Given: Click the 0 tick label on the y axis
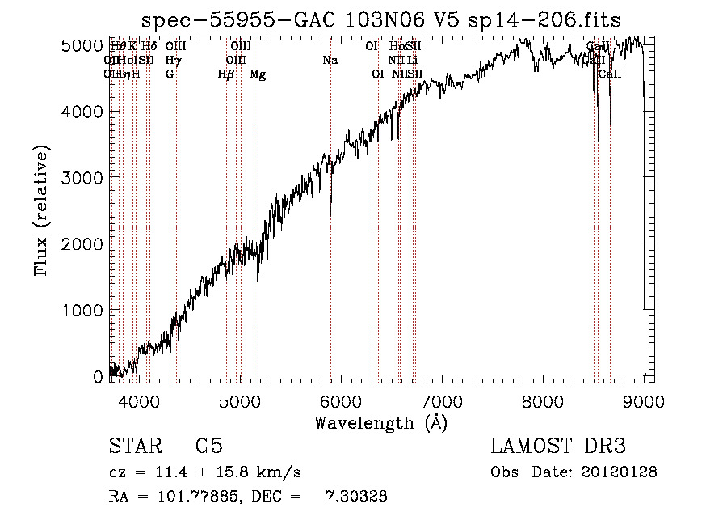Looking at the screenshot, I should point(97,376).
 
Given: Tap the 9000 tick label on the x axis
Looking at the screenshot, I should point(643,400).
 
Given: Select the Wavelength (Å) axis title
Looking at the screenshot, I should point(380,422).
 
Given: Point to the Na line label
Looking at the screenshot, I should point(330,61).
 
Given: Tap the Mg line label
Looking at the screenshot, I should point(258,74).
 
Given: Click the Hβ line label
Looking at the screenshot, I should point(226,74).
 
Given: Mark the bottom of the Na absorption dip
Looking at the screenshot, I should point(330,214).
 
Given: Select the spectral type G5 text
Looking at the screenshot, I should point(208,447).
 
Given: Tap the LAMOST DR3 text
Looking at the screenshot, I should point(558,447).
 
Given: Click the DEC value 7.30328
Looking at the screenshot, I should point(355,497).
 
